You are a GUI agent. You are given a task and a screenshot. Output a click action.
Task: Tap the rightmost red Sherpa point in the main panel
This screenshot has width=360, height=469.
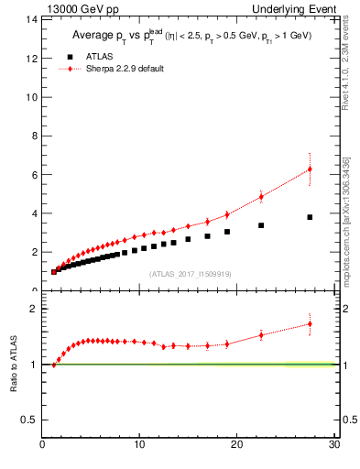point(310,169)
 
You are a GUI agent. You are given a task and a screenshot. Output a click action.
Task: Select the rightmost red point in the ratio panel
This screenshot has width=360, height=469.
point(310,323)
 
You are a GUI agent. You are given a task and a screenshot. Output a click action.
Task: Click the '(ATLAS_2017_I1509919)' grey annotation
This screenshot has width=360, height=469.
point(190,273)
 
